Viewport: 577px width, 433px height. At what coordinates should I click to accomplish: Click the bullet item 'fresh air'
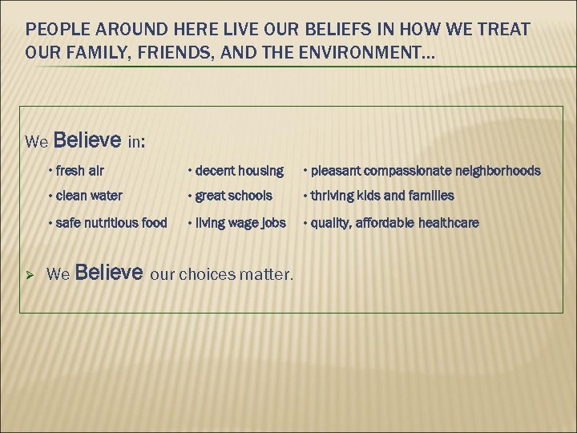[x=81, y=171]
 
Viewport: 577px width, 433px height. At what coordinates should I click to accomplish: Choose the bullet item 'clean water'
[x=90, y=196]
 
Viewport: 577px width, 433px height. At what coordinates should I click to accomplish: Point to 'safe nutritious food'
[x=111, y=223]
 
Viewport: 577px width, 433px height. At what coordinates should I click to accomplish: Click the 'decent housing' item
[x=236, y=171]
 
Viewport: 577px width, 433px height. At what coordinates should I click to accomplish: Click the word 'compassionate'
[x=405, y=171]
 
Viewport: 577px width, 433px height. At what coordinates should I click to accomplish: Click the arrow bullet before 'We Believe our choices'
[x=29, y=274]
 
